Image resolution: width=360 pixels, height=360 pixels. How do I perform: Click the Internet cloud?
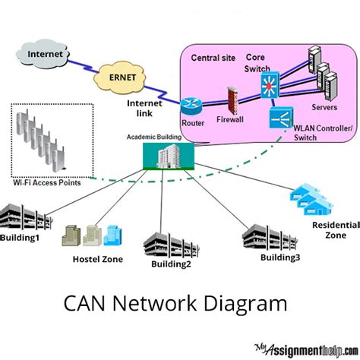(x=46, y=55)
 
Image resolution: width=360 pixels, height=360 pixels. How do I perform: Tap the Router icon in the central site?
(x=191, y=106)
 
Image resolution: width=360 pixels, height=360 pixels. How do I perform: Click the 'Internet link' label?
(x=144, y=107)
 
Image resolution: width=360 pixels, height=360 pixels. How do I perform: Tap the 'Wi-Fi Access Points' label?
(x=47, y=182)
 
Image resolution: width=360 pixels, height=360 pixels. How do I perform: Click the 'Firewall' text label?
(x=231, y=120)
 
